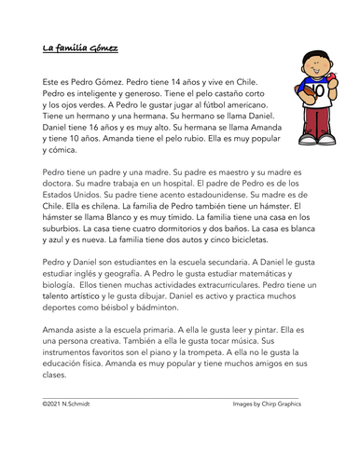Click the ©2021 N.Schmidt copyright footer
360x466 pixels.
pos(71,405)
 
